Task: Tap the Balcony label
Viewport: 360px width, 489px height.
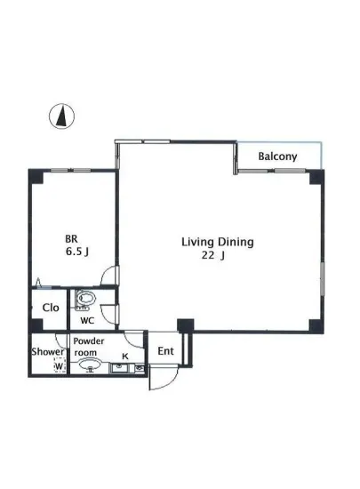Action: (x=277, y=157)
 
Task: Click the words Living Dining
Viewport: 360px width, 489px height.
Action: (x=218, y=241)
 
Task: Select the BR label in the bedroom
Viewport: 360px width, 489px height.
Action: (x=71, y=238)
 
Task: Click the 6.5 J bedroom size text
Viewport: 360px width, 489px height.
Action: (x=76, y=252)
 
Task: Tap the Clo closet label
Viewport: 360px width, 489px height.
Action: (x=51, y=308)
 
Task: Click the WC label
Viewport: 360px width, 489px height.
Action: (x=88, y=320)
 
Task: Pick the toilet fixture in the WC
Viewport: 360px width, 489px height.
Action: (x=86, y=300)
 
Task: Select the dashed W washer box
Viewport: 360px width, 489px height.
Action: (x=59, y=366)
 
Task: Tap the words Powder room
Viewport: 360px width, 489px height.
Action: (x=90, y=347)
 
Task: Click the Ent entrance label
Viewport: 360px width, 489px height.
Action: (x=165, y=351)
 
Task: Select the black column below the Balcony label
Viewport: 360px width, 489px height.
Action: (x=315, y=176)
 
